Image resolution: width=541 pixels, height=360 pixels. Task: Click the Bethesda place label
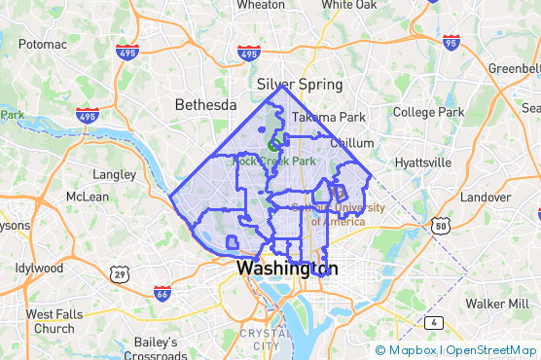point(205,104)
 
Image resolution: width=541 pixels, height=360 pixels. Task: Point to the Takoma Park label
point(329,117)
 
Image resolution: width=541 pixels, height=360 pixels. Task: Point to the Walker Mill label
point(496,304)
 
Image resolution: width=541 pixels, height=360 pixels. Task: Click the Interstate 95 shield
point(451,42)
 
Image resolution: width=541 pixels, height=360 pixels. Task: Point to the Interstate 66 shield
point(162,291)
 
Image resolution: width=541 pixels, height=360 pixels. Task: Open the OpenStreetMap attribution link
point(492,350)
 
